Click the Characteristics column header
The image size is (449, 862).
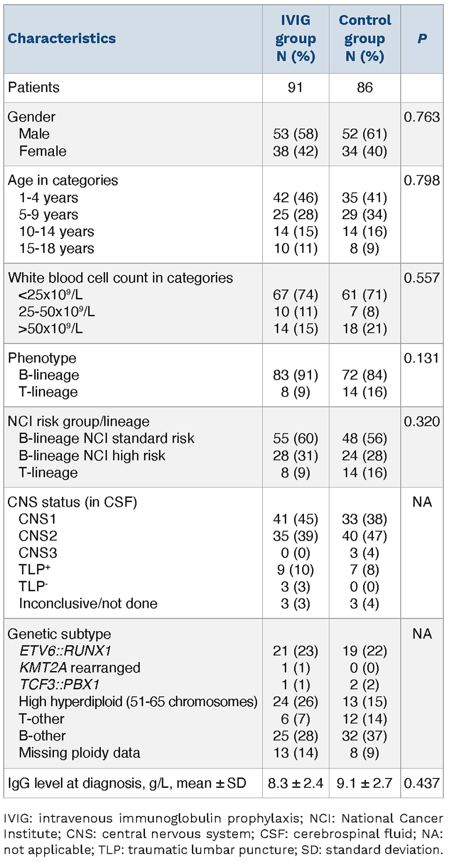pos(62,38)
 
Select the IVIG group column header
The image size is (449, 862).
pos(296,38)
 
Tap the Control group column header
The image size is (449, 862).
pos(365,38)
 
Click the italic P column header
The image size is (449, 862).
pos(422,38)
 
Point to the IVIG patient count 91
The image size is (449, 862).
pos(295,87)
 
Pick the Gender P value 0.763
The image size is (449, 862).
pos(422,117)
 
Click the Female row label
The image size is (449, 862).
pos(43,151)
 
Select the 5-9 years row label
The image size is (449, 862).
pos(48,214)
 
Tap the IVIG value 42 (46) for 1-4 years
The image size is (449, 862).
pos(296,197)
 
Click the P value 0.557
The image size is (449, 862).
pos(422,278)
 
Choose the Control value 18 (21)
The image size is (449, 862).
pos(365,328)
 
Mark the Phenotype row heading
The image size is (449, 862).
pos(42,358)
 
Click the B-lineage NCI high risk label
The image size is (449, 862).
pos(92,455)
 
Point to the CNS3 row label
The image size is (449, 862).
pos(38,553)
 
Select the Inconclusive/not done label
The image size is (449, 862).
pos(88,603)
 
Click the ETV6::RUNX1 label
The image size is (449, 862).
pos(65,651)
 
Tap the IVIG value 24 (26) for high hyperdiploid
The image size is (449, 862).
pos(296,701)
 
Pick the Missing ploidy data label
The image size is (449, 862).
pos(80,752)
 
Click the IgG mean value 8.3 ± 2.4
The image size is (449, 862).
pos(296,783)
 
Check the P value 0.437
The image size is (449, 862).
pos(422,783)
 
